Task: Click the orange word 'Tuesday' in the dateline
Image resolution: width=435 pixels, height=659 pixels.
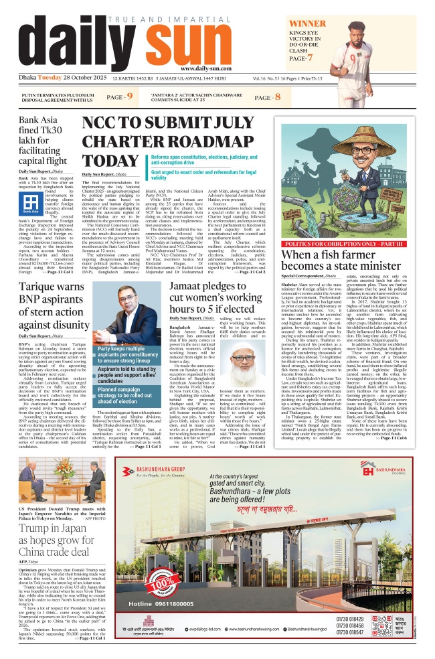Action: pos(51,78)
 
